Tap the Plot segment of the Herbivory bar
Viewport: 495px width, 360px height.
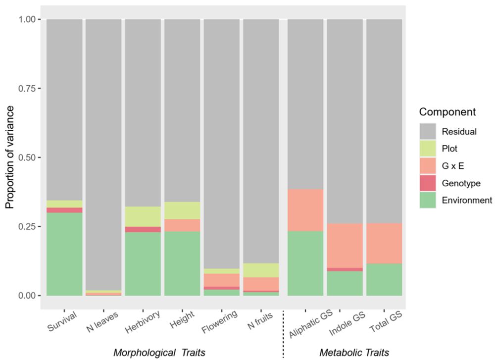tap(143, 216)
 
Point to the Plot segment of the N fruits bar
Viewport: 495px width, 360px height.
tap(261, 270)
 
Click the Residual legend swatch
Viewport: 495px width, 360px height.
tap(428, 132)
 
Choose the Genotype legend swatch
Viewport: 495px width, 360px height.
tap(428, 183)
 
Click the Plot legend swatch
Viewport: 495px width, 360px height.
tap(428, 149)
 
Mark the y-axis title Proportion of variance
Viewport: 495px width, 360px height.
tap(9, 157)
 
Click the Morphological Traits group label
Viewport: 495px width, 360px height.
tap(159, 352)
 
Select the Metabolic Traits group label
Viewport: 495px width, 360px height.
tap(354, 352)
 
